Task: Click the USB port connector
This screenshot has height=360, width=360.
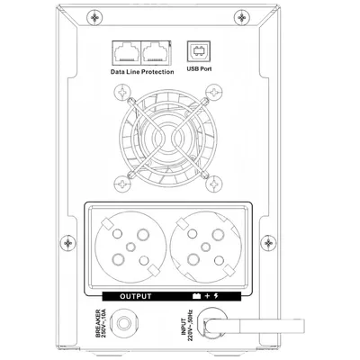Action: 199,51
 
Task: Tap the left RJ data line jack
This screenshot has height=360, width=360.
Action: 126,52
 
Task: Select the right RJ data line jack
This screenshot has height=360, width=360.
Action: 156,52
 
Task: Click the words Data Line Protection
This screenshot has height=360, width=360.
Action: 142,72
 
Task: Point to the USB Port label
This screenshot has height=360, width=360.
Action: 199,68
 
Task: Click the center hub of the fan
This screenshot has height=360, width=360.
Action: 168,139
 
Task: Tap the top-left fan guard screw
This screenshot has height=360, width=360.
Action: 122,92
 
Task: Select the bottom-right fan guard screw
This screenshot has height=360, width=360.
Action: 214,183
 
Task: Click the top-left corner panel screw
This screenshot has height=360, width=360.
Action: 94,18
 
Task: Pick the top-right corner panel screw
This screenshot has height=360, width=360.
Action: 242,18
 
